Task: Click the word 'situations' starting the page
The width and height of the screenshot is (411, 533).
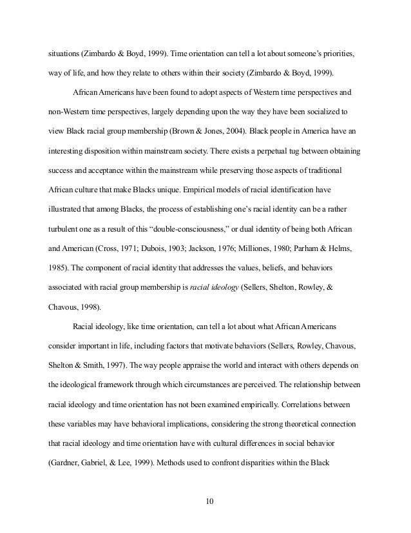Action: pos(67,52)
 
